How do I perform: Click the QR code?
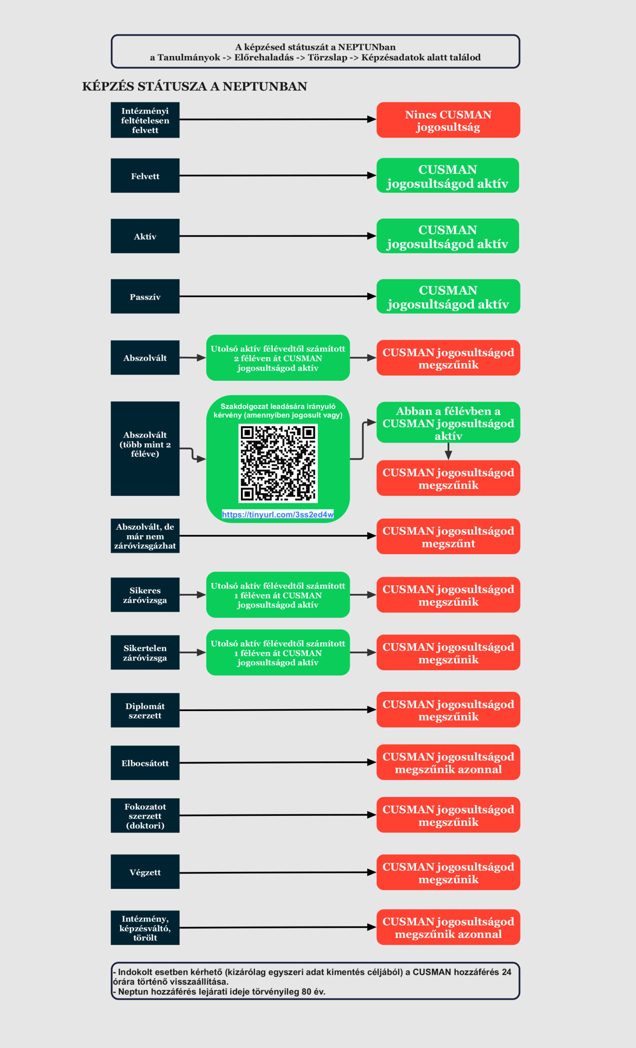(278, 463)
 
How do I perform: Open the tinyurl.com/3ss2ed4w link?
(278, 514)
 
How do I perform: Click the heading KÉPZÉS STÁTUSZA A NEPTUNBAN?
(195, 86)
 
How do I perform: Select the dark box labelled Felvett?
(145, 176)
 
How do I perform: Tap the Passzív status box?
(145, 296)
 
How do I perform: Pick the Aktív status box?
(145, 236)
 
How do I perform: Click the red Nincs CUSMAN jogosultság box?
(448, 120)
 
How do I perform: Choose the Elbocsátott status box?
(145, 763)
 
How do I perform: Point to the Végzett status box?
(145, 872)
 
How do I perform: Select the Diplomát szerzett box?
(145, 710)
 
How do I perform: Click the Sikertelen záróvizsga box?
(145, 653)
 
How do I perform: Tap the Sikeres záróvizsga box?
(145, 594)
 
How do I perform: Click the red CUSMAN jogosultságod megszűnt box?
(448, 536)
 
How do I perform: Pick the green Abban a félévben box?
(448, 422)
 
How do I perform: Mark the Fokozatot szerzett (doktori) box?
(145, 815)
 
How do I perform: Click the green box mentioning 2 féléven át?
(278, 358)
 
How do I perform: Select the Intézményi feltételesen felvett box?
(145, 120)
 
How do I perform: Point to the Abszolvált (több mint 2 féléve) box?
(145, 449)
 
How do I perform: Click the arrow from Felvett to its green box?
(278, 176)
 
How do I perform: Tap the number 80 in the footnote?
(306, 992)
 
